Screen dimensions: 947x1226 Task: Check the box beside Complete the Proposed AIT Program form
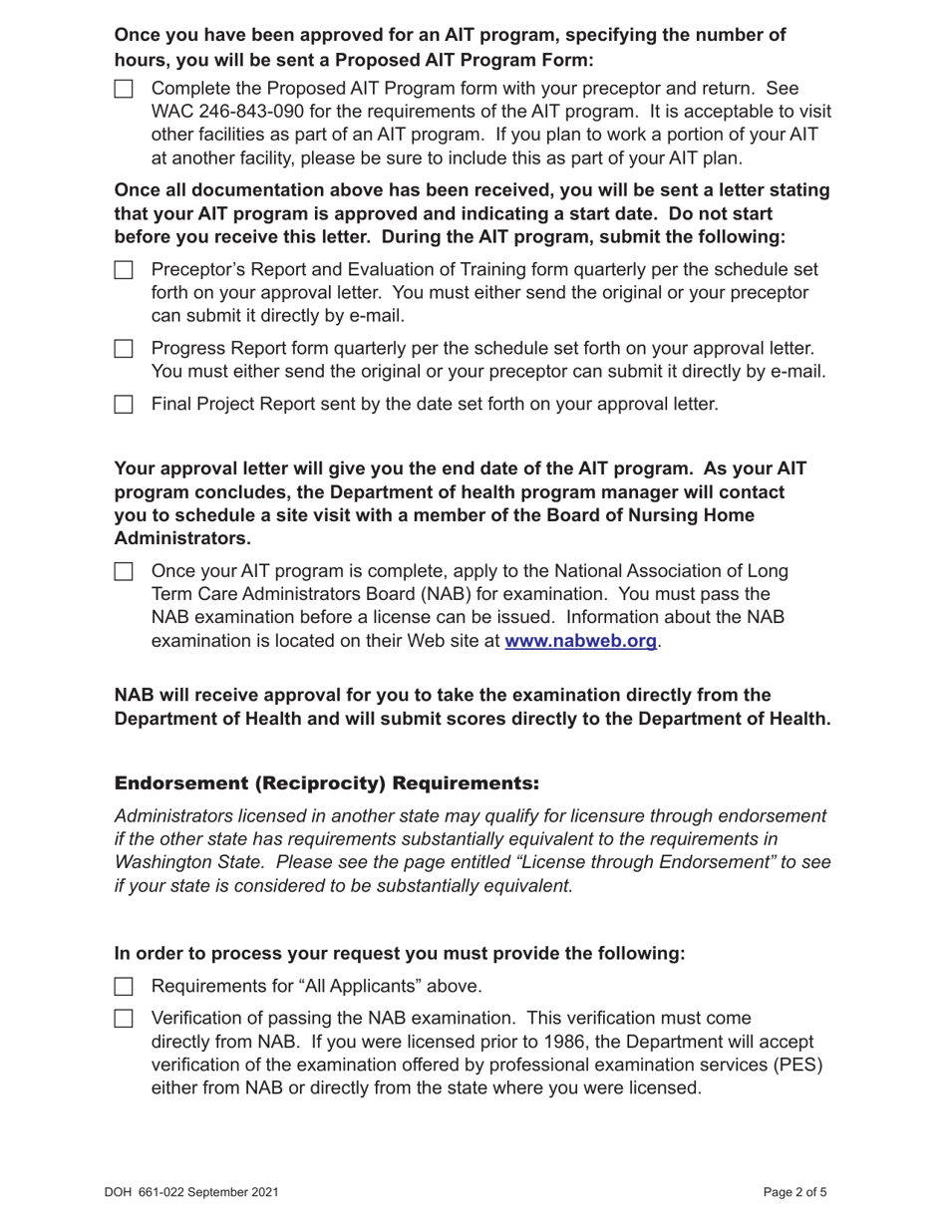[124, 89]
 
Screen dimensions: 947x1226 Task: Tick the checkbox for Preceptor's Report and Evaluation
[124, 270]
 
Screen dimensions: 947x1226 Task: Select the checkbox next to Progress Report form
[124, 349]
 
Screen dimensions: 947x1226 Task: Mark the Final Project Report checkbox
[124, 405]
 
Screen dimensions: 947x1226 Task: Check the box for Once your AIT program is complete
[124, 572]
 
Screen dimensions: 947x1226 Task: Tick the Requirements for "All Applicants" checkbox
[124, 987]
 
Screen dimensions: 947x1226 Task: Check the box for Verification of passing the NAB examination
[124, 1019]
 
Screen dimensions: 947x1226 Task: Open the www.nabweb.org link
[580, 641]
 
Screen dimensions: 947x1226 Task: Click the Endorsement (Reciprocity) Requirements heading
[327, 782]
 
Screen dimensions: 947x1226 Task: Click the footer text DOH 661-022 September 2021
[190, 1192]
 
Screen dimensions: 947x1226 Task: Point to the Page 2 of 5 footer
[794, 1192]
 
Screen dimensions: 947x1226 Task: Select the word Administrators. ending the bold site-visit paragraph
[182, 538]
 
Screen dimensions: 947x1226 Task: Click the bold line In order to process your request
[400, 954]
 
